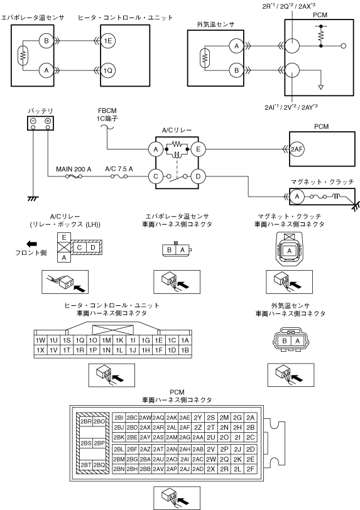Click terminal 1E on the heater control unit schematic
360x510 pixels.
point(107,41)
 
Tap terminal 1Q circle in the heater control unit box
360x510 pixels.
point(107,70)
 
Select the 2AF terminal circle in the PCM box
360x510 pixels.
point(297,149)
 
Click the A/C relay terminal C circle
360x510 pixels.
point(156,176)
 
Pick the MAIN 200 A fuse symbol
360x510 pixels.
point(74,176)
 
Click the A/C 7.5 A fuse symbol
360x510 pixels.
point(119,176)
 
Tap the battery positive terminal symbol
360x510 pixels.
point(48,121)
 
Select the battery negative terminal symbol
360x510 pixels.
point(33,121)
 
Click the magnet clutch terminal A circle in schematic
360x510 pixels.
point(297,197)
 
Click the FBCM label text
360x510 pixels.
point(107,111)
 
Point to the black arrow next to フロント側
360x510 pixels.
point(32,244)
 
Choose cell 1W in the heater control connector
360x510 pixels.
point(40,340)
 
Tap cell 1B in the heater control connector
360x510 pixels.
point(185,350)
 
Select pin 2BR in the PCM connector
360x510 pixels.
point(86,421)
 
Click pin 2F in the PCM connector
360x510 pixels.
point(250,469)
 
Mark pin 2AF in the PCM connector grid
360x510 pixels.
point(185,427)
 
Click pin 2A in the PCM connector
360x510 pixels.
point(250,418)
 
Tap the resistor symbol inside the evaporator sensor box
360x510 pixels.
point(23,56)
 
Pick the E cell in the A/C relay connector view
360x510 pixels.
point(64,237)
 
